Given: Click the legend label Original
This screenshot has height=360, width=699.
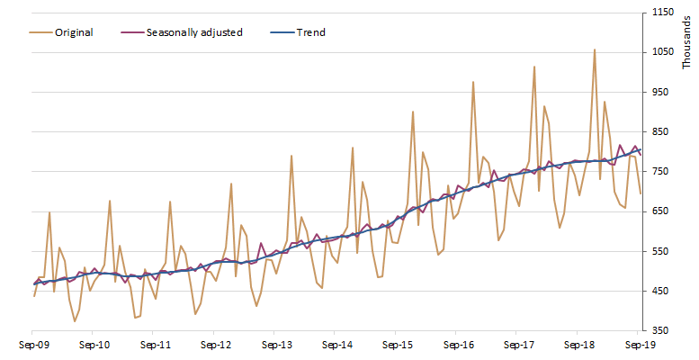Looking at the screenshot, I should pyautogui.click(x=75, y=32).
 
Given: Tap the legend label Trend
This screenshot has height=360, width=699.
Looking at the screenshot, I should pyautogui.click(x=311, y=32).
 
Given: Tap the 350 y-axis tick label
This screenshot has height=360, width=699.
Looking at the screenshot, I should pyautogui.click(x=661, y=331).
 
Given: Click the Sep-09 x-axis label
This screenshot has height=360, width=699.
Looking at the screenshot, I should pyautogui.click(x=34, y=345).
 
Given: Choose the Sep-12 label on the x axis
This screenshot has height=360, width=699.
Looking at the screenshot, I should pyautogui.click(x=215, y=345).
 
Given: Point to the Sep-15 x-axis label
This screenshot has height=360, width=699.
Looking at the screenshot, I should pyautogui.click(x=397, y=345).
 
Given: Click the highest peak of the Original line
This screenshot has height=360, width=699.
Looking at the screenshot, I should pyautogui.click(x=594, y=49).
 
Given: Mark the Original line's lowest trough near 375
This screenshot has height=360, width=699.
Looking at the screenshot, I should pyautogui.click(x=75, y=321).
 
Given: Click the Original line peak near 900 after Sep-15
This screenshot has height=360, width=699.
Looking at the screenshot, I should pyautogui.click(x=413, y=112).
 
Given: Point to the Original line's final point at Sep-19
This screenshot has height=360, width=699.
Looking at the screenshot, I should pyautogui.click(x=640, y=193).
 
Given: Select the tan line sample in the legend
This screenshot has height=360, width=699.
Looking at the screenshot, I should pyautogui.click(x=39, y=32).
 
